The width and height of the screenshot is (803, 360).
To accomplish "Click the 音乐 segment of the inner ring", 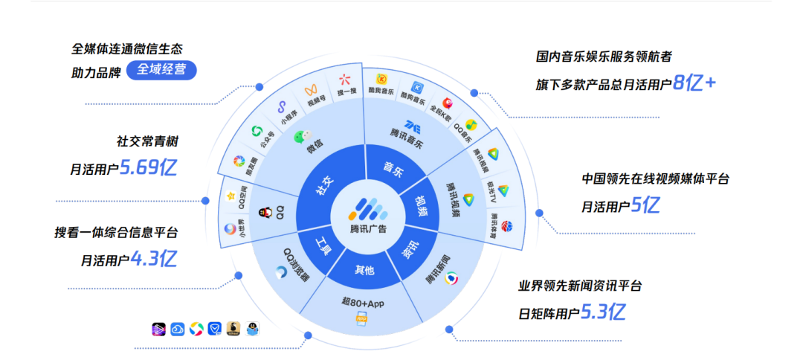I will (393, 169).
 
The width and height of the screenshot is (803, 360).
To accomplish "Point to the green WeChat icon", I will (299, 138).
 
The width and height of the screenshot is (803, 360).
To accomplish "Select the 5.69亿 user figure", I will (149, 168).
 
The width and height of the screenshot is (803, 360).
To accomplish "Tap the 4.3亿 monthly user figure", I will (153, 259).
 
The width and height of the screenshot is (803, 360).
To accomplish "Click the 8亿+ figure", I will (694, 83).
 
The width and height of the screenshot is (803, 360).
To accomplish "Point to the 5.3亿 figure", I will (602, 312).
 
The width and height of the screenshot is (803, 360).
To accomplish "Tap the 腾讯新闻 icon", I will (451, 279).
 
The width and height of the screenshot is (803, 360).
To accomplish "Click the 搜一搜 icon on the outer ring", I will (345, 80).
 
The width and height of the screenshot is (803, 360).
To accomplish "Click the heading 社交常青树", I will (147, 141).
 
